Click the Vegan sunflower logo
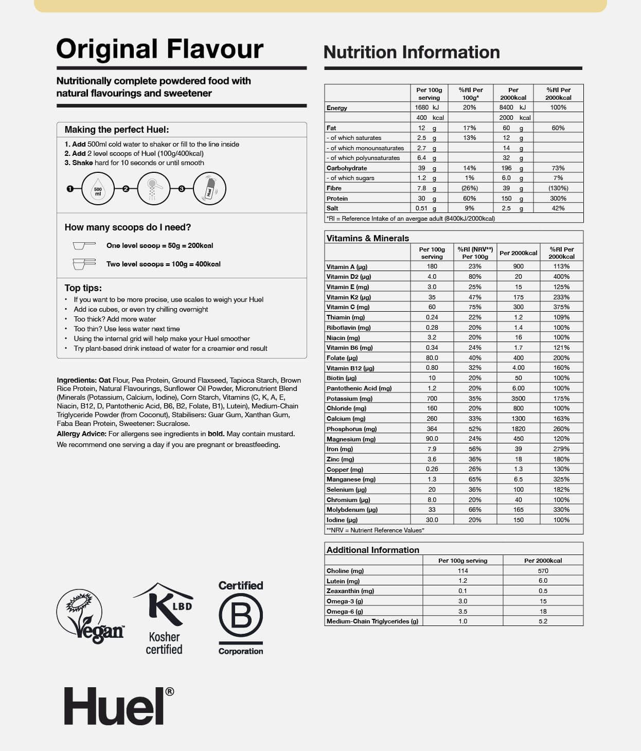pyautogui.click(x=91, y=616)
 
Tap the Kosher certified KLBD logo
pyautogui.click(x=164, y=617)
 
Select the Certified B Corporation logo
pyautogui.click(x=241, y=617)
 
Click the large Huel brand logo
pyautogui.click(x=118, y=706)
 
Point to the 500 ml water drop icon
pyautogui.click(x=98, y=189)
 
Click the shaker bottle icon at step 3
pyautogui.click(x=209, y=189)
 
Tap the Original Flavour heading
pyautogui.click(x=159, y=49)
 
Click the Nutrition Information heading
pyautogui.click(x=412, y=52)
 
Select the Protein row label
pyautogui.click(x=337, y=199)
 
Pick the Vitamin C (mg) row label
pyautogui.click(x=348, y=307)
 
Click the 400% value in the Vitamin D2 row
pyautogui.click(x=561, y=277)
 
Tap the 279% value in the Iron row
pyautogui.click(x=561, y=449)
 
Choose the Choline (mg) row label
pyautogui.click(x=345, y=571)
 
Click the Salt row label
pyautogui.click(x=332, y=208)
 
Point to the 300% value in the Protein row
pyautogui.click(x=558, y=199)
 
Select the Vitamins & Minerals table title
pyautogui.click(x=367, y=238)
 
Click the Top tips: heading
pyautogui.click(x=83, y=288)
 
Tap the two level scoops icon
pyautogui.click(x=84, y=264)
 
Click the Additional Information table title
pyautogui.click(x=372, y=550)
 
